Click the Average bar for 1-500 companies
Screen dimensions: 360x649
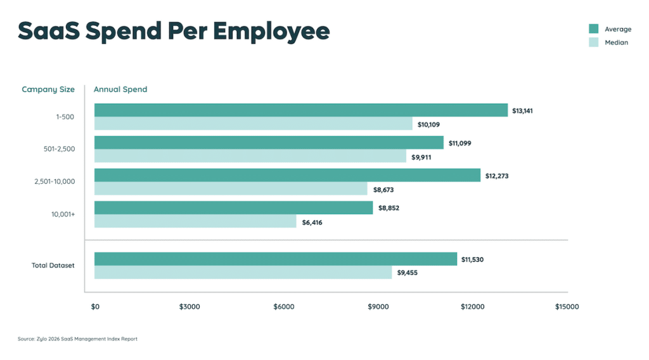point(301,110)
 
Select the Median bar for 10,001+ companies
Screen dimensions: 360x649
point(195,221)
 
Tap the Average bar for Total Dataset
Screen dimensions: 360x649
point(276,259)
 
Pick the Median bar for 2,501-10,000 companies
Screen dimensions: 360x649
point(231,189)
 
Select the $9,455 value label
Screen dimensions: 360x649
point(408,273)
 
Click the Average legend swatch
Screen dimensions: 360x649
point(594,29)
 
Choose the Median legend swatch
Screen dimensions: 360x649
point(594,42)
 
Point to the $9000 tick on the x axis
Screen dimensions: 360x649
point(378,307)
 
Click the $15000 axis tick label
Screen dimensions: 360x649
point(567,307)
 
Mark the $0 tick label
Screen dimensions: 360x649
point(95,307)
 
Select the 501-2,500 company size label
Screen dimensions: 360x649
point(56,149)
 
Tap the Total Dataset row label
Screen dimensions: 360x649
point(53,265)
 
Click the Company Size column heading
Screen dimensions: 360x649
point(48,89)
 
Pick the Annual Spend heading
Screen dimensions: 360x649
point(120,89)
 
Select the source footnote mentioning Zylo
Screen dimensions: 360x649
point(77,339)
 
